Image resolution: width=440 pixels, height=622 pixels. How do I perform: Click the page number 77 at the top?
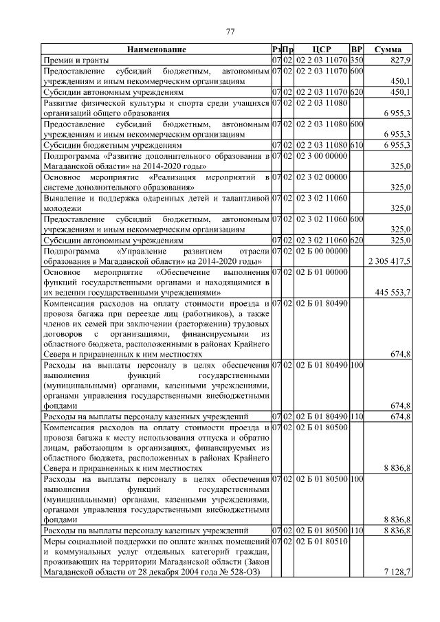click(x=231, y=31)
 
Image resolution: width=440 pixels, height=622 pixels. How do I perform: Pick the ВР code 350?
click(x=356, y=60)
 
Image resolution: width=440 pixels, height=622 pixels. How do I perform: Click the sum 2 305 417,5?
click(x=390, y=261)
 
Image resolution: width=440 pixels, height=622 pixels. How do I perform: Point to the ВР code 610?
click(x=356, y=146)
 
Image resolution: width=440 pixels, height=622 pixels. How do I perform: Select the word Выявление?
click(x=66, y=197)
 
